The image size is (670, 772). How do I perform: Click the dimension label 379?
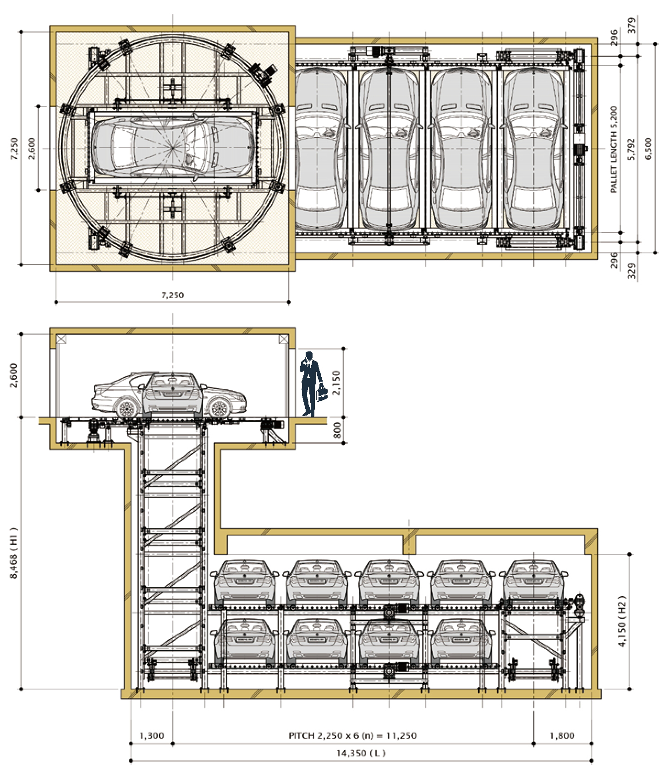tap(632, 25)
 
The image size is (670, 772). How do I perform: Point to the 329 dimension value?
tap(632, 271)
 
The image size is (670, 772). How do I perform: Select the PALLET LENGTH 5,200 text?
tap(614, 149)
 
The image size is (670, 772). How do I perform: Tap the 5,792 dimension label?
tap(632, 149)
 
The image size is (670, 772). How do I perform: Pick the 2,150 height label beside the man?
tap(337, 383)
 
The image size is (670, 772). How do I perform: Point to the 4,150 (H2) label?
tap(622, 621)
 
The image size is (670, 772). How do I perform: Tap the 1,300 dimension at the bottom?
tap(151, 736)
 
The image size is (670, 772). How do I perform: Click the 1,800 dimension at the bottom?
tap(562, 736)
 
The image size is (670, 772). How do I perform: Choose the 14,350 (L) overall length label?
tap(361, 753)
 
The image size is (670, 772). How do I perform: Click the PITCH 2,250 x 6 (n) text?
tap(352, 736)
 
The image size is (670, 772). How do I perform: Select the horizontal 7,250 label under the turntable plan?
tap(172, 296)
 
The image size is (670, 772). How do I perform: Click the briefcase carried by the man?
tap(322, 393)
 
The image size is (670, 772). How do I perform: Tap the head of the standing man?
tap(309, 356)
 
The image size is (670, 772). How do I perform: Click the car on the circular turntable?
tap(172, 148)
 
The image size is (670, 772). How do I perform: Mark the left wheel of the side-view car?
tap(127, 407)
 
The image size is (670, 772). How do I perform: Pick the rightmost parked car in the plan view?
tap(533, 149)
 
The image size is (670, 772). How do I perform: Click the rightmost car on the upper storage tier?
tap(533, 580)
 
